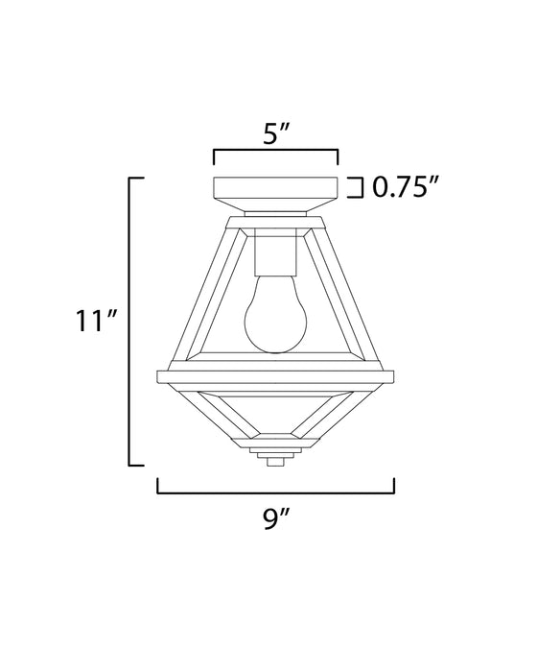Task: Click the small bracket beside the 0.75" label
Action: pos(358,187)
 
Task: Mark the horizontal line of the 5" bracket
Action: pos(275,151)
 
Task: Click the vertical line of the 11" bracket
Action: pos(129,321)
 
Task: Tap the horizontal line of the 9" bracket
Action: pos(275,492)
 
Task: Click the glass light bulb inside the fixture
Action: pos(275,316)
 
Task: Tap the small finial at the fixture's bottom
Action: pos(275,462)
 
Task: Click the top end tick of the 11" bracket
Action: pos(137,179)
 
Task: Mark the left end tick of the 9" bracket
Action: pos(158,487)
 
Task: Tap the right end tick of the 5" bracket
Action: pos(338,156)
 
